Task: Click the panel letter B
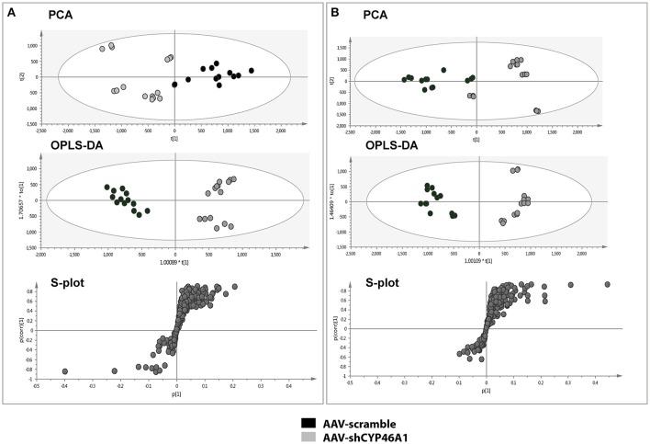click(335, 12)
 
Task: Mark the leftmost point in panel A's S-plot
click(65, 371)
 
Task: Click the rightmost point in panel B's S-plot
click(607, 285)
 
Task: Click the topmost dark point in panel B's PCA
click(443, 70)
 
